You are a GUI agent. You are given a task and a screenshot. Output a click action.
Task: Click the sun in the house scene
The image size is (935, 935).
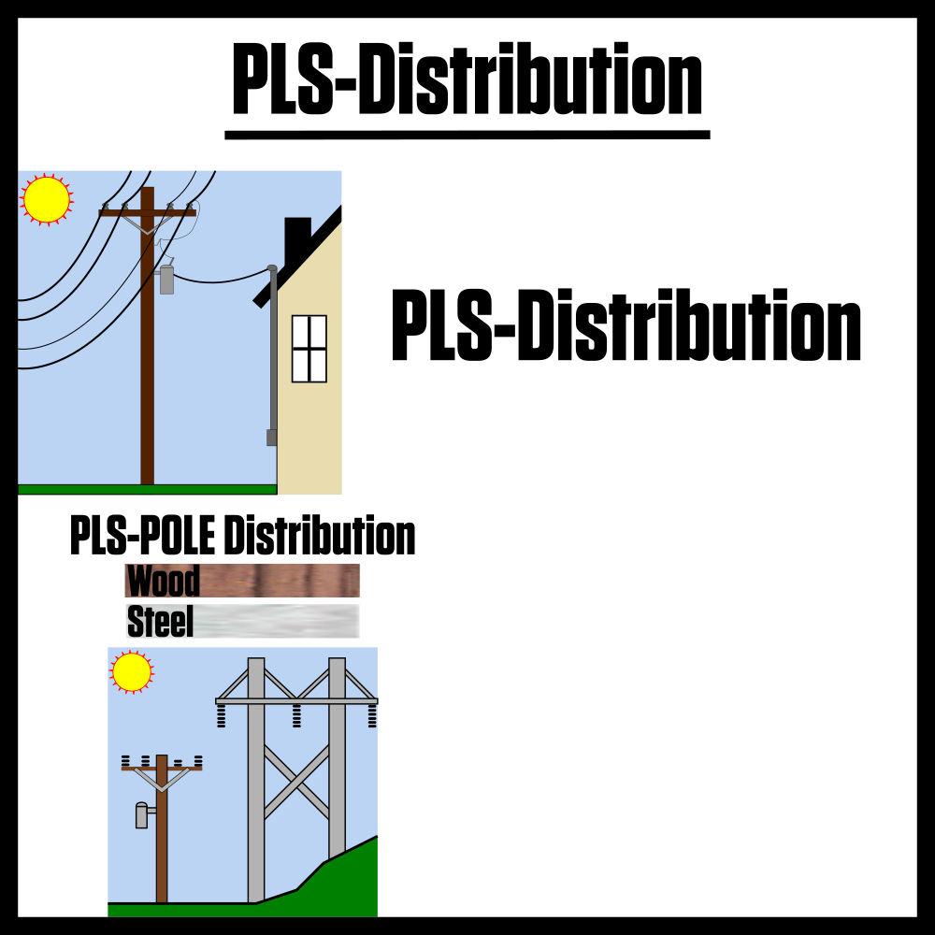click(47, 199)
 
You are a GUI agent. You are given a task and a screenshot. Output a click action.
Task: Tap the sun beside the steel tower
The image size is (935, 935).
click(132, 671)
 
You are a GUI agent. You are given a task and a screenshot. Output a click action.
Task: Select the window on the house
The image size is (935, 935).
click(309, 349)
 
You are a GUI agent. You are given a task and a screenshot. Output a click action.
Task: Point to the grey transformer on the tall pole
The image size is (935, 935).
click(166, 280)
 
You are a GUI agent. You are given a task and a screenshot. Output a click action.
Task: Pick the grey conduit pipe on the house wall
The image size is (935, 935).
click(273, 355)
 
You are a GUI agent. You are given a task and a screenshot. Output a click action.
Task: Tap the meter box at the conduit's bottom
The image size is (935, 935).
click(271, 438)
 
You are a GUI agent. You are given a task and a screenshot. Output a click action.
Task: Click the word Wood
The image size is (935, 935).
click(163, 581)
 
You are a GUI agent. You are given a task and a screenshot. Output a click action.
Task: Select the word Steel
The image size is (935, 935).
click(160, 622)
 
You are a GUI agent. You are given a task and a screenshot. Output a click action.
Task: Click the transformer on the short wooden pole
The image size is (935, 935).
click(141, 815)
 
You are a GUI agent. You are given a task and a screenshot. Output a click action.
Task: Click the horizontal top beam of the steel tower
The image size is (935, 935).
click(296, 700)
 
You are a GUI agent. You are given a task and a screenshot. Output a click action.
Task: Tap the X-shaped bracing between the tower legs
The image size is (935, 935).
click(296, 782)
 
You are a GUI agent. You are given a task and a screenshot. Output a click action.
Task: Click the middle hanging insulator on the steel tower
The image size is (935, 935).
click(296, 716)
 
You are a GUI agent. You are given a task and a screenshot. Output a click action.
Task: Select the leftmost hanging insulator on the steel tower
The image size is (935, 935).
click(222, 716)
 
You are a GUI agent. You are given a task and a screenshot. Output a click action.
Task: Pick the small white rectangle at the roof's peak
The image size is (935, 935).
click(346, 211)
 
